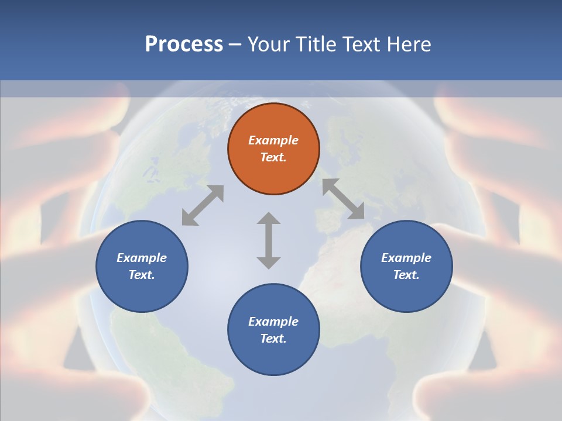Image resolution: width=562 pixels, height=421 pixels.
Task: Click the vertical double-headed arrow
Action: (x=269, y=240)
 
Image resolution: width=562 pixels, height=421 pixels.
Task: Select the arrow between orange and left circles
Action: (x=203, y=205)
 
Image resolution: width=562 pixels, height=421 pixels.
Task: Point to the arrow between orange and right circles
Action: (x=344, y=199)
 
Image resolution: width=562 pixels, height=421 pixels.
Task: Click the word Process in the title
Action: (x=184, y=44)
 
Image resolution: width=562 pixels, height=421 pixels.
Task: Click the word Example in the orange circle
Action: (x=273, y=140)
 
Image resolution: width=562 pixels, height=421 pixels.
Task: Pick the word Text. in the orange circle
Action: (x=273, y=157)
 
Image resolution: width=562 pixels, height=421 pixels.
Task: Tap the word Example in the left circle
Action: (x=142, y=258)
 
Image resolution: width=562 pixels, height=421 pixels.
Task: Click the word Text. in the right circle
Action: (x=406, y=275)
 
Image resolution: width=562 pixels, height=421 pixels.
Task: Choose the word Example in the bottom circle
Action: (x=273, y=322)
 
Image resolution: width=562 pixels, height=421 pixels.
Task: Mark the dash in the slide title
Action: (x=235, y=44)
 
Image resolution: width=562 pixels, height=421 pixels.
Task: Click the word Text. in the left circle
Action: (x=142, y=275)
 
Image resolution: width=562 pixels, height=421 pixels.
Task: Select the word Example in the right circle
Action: (x=406, y=258)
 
